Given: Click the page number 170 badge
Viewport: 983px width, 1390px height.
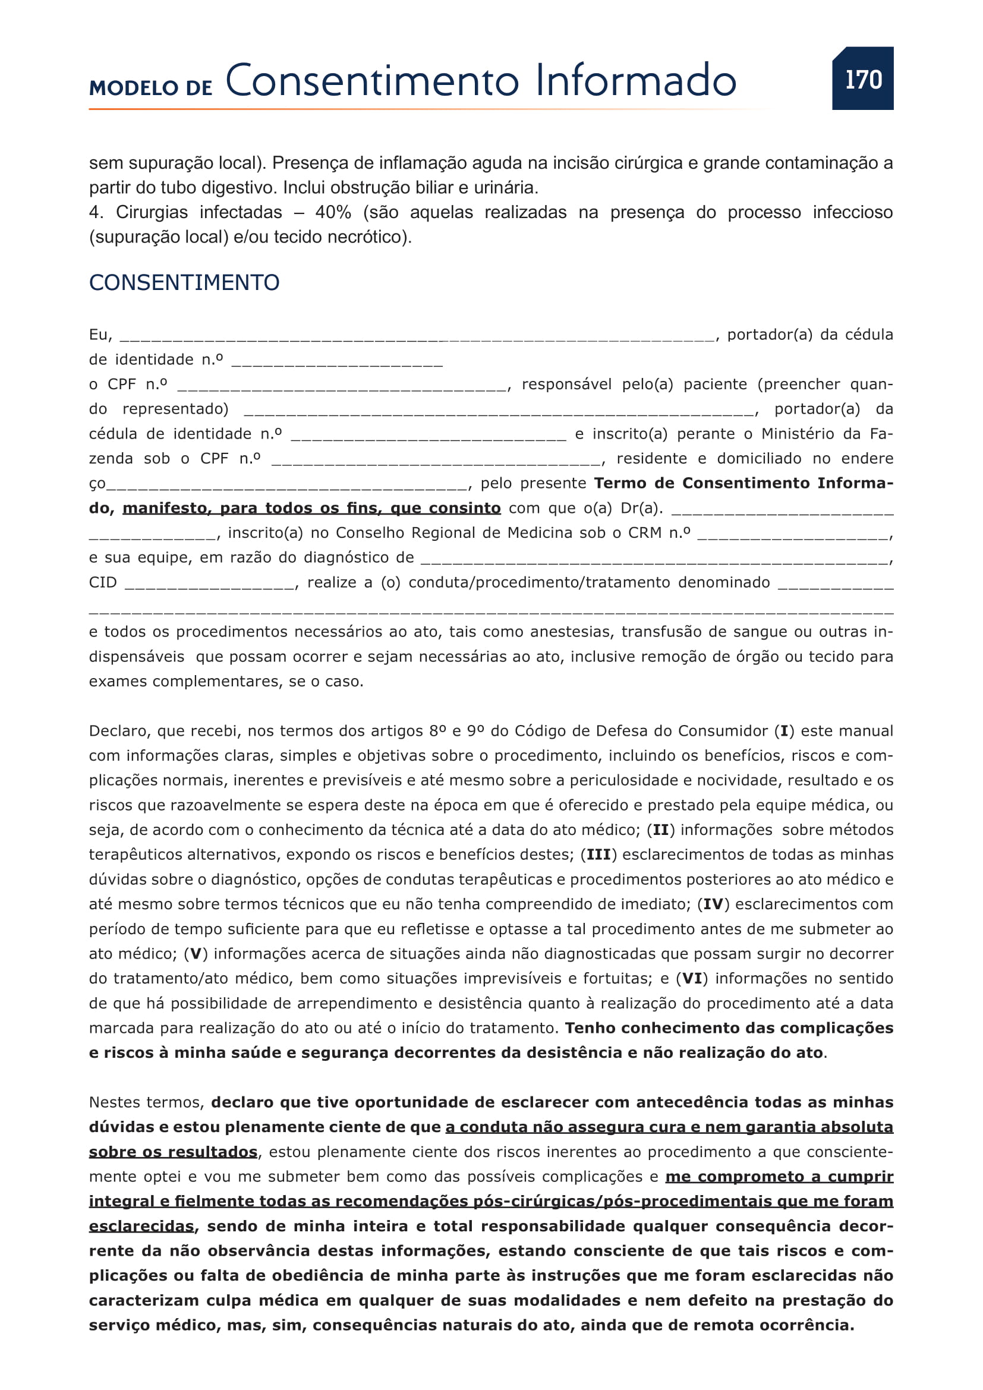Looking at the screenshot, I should point(862,78).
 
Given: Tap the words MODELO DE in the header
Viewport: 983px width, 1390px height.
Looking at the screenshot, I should point(151,88).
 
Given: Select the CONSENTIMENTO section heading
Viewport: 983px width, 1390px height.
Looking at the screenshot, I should point(184,283).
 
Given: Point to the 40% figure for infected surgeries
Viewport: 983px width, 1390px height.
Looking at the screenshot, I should point(333,213).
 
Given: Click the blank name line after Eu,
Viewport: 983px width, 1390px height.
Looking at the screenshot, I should point(417,338).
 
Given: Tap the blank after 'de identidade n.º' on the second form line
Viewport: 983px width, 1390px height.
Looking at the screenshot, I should point(337,363).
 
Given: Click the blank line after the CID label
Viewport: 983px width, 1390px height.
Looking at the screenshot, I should point(210,585).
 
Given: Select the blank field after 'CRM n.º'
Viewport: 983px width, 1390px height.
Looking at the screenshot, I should point(793,536).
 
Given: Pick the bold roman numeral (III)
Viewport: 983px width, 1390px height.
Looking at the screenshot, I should point(598,855).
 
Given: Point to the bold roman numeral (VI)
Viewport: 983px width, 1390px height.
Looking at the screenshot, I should point(691,979).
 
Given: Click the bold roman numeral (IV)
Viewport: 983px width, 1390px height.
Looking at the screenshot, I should point(713,904).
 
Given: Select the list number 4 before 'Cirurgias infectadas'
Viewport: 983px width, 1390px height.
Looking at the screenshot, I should point(95,213).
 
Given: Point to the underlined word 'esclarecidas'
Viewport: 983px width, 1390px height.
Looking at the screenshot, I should point(141,1227).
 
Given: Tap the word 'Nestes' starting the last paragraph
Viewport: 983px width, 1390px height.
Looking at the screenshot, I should point(116,1102).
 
